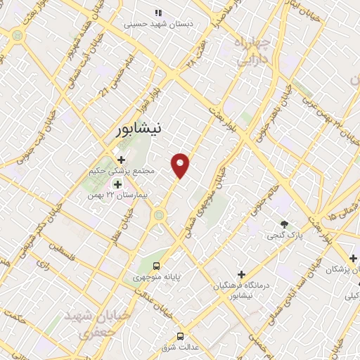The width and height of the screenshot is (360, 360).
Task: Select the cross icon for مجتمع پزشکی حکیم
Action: click(122, 159)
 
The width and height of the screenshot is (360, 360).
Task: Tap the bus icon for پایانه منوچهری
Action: click(156, 266)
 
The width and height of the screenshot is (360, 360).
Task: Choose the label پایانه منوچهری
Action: click(159, 278)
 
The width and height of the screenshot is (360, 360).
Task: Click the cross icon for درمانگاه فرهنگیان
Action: click(241, 274)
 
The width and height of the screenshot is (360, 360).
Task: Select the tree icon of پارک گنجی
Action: click(284, 224)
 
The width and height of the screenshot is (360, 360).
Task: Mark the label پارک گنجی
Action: click(283, 236)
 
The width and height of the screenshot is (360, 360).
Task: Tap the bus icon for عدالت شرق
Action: click(180, 335)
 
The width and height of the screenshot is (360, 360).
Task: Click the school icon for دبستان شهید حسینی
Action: click(159, 12)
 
